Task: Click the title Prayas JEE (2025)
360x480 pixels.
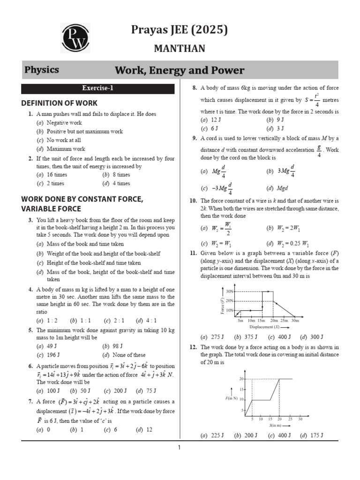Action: point(180,30)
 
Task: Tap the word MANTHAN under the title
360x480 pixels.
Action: point(180,48)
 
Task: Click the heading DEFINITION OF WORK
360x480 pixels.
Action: point(60,103)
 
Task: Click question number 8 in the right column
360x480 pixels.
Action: point(195,88)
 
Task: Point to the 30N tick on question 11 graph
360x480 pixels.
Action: point(230,291)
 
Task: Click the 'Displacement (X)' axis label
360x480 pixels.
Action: point(264,327)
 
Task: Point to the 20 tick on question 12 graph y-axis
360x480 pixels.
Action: point(241,378)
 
